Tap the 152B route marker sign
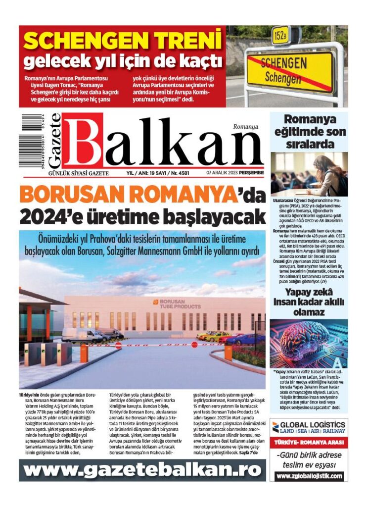click(x=280, y=35)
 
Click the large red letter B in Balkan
click(x=83, y=143)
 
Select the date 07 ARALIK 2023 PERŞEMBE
click(x=235, y=174)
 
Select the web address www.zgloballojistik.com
click(x=309, y=476)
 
